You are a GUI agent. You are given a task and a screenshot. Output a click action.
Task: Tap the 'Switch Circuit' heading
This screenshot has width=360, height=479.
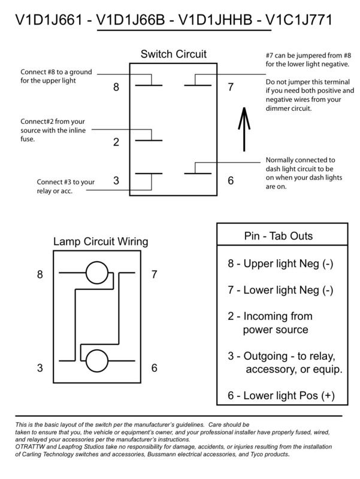(x=173, y=54)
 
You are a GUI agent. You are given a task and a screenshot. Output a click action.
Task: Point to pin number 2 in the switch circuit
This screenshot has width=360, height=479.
(x=116, y=143)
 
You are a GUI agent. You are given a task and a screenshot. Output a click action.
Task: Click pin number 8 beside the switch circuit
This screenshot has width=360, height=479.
(x=116, y=87)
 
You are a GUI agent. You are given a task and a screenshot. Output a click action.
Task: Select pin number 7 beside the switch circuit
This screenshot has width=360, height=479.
(x=231, y=87)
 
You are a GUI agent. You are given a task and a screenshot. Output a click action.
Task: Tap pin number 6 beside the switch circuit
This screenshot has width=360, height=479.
(x=231, y=180)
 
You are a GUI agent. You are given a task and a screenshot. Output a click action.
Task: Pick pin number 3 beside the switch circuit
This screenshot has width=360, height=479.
(x=116, y=180)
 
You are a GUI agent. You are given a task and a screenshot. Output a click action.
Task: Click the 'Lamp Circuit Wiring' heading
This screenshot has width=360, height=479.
(x=101, y=242)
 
